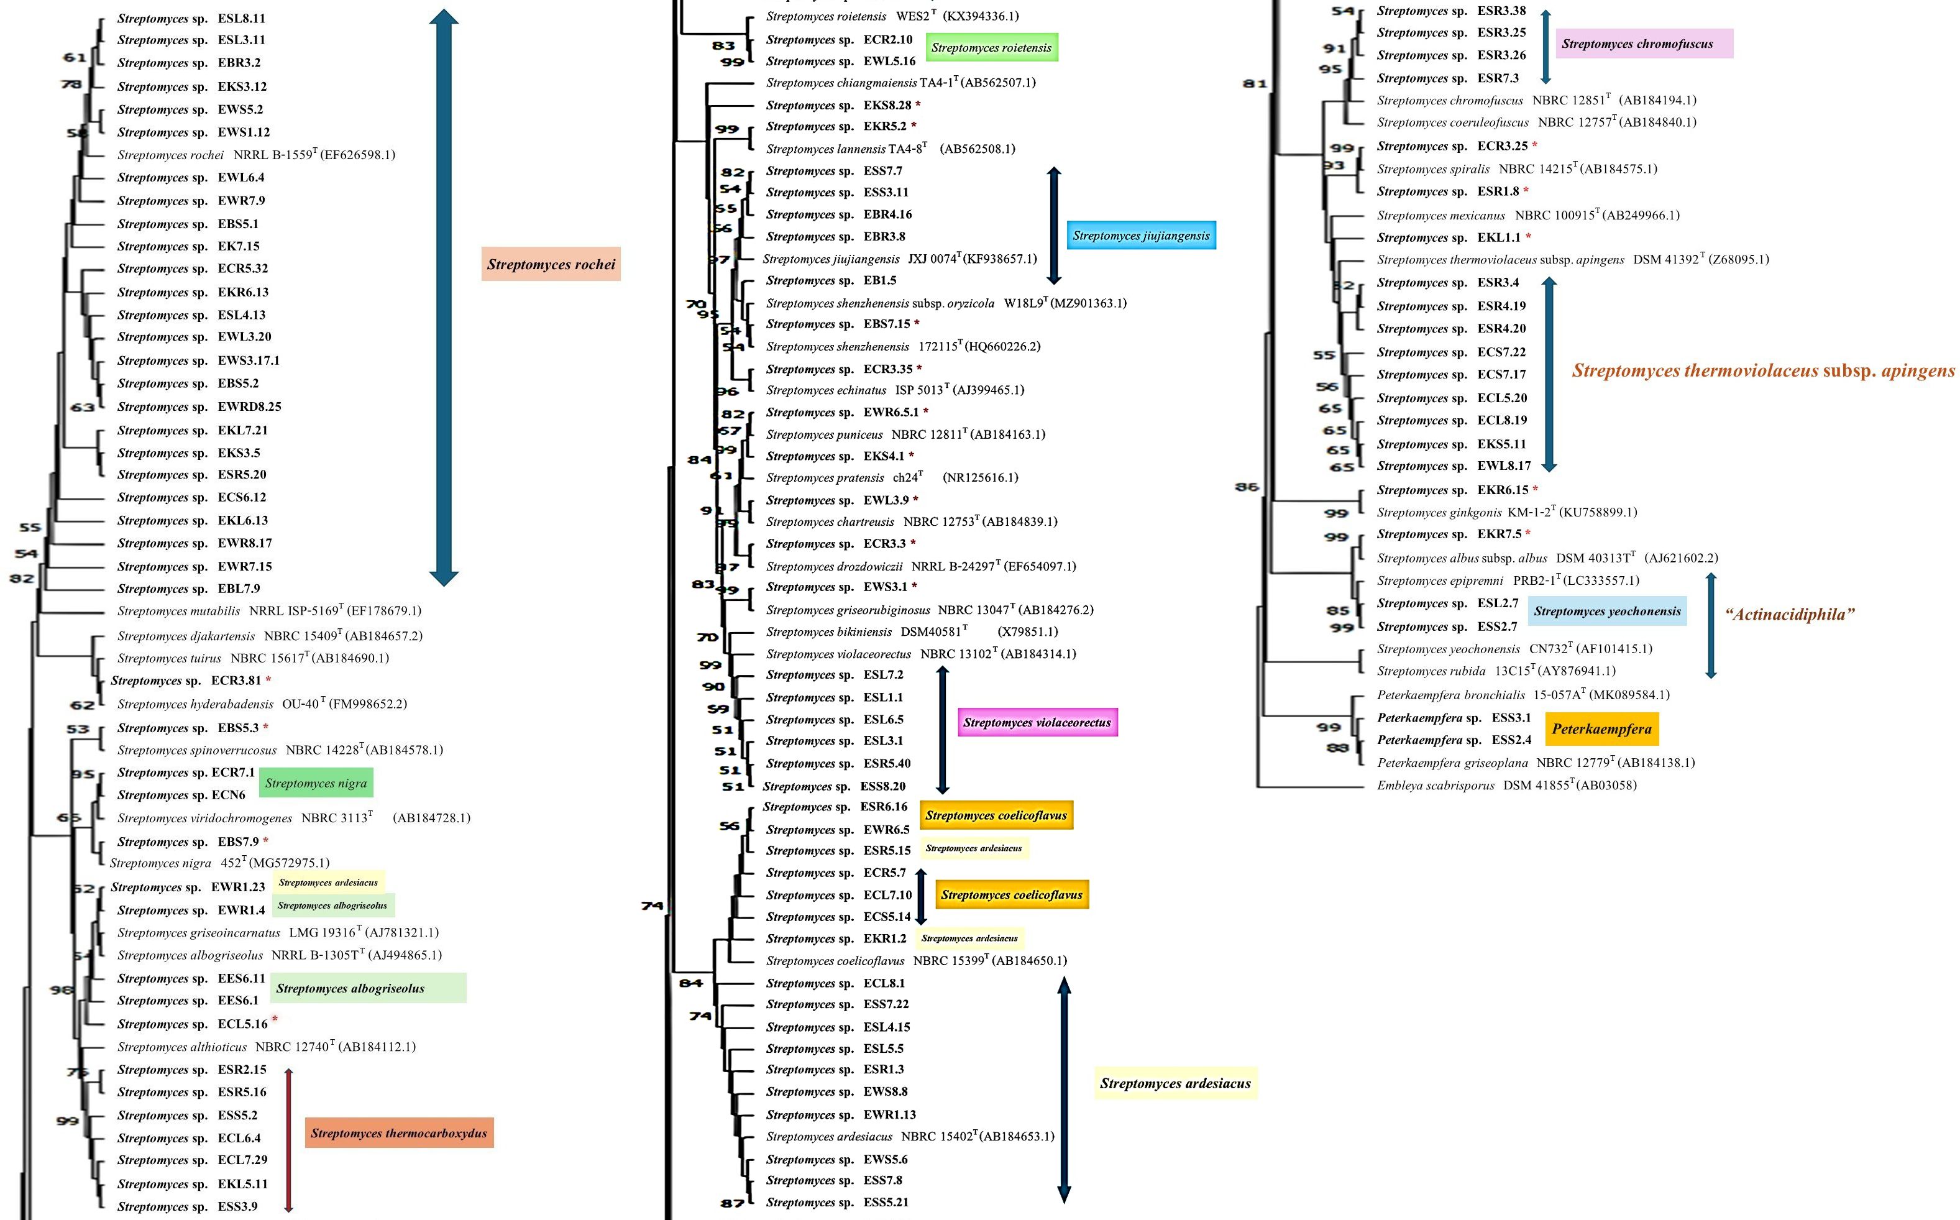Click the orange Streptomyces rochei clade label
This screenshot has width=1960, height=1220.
pyautogui.click(x=551, y=264)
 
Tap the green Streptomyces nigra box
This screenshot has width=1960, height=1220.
pyautogui.click(x=316, y=782)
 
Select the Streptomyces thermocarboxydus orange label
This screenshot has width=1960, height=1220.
pyautogui.click(x=399, y=1133)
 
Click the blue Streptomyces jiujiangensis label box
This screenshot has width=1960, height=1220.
pyautogui.click(x=1140, y=236)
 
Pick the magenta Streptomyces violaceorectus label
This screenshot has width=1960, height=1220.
pyautogui.click(x=1037, y=722)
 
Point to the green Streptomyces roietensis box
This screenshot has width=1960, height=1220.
pyautogui.click(x=991, y=48)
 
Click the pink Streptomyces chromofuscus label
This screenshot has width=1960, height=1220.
pyautogui.click(x=1637, y=44)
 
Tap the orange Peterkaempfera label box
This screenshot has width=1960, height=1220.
pyautogui.click(x=1602, y=728)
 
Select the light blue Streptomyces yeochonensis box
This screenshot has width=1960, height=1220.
pyautogui.click(x=1607, y=611)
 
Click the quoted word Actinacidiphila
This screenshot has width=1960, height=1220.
pyautogui.click(x=1790, y=614)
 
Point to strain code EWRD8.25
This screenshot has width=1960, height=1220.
pyautogui.click(x=249, y=406)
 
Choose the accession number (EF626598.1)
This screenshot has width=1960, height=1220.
pyautogui.click(x=358, y=155)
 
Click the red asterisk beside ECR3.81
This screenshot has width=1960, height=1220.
pyautogui.click(x=268, y=680)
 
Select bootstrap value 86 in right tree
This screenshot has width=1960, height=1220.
pyautogui.click(x=1247, y=487)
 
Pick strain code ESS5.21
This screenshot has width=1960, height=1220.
pyautogui.click(x=886, y=1202)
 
